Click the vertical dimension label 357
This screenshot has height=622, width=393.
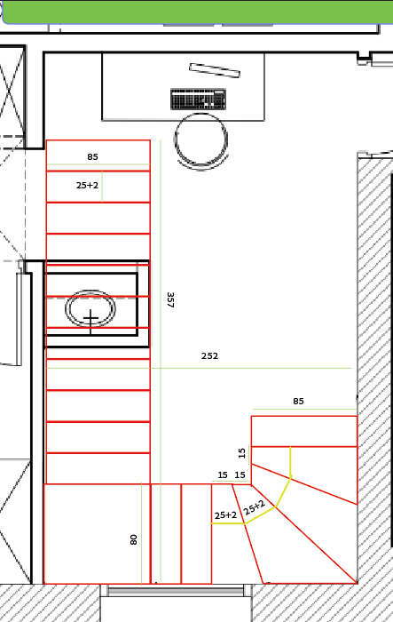(x=170, y=300)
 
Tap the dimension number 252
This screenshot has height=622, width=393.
(x=209, y=355)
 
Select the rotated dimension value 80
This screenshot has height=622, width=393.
(x=133, y=539)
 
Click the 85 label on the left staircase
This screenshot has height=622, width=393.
(x=92, y=156)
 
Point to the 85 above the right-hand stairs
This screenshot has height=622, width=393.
(x=298, y=401)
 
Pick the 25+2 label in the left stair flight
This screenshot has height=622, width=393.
(x=87, y=185)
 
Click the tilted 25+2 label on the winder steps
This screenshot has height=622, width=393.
(x=254, y=507)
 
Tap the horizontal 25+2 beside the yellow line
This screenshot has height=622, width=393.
(x=225, y=515)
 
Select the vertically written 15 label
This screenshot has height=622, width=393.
(x=242, y=452)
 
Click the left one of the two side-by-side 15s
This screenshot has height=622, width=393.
(x=223, y=474)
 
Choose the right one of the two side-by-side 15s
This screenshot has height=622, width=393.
(x=240, y=474)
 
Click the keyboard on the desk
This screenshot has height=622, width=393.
(x=199, y=100)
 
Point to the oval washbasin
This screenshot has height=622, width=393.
(x=90, y=308)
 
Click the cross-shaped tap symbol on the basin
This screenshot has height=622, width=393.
(x=90, y=321)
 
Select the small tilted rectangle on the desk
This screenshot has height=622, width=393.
(x=215, y=70)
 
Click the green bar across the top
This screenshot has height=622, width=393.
(x=198, y=11)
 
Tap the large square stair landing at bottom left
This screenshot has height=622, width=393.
(x=97, y=533)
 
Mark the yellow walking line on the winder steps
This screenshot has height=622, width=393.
(x=275, y=507)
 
